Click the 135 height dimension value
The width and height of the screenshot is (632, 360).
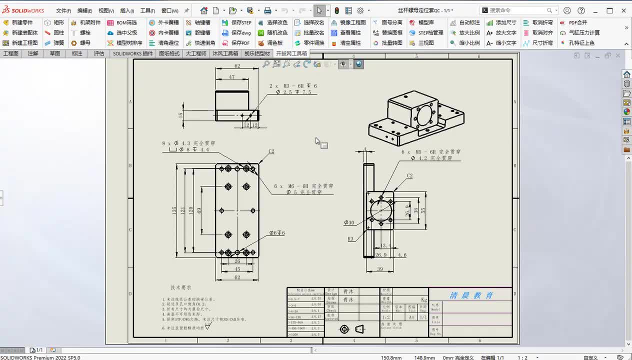[174, 210]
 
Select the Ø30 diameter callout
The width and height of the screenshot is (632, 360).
[348, 223]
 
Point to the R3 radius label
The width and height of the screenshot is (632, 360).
[350, 239]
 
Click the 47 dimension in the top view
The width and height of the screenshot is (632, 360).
[231, 77]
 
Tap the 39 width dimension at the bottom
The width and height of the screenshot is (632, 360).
[379, 269]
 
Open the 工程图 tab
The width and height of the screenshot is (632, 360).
[11, 53]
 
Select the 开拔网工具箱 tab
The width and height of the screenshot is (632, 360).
[291, 53]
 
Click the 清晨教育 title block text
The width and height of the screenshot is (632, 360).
[471, 295]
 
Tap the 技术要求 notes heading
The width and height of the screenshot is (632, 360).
[180, 287]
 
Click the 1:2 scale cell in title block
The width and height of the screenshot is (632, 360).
[386, 317]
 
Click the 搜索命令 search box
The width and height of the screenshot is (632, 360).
[517, 10]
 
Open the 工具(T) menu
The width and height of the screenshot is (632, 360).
[147, 10]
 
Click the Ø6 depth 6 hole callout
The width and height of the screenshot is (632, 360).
[277, 233]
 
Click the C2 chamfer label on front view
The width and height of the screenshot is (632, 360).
[271, 151]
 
